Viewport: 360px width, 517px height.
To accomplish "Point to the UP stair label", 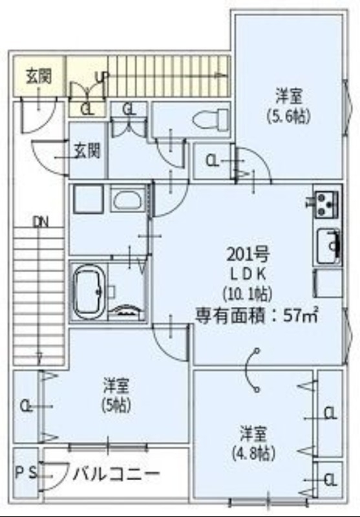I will [101, 77].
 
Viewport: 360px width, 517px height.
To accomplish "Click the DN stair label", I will [40, 222].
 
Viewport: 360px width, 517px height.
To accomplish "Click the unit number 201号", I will [243, 253].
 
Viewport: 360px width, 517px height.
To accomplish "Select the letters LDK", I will [243, 273].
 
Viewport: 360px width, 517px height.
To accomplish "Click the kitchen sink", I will [328, 246].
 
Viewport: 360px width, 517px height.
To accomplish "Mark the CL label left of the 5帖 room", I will [26, 406].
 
